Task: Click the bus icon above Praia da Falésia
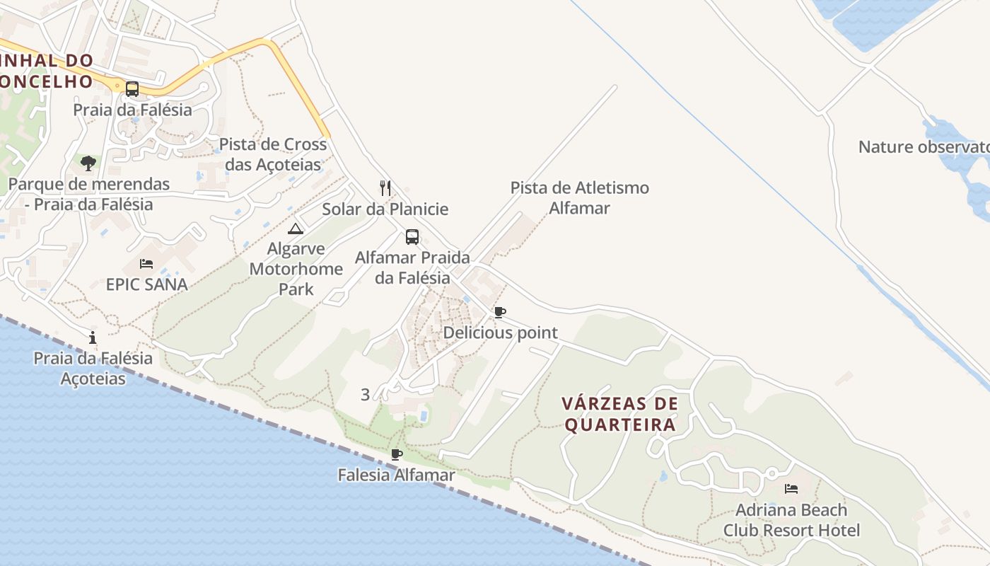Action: pyautogui.click(x=132, y=89)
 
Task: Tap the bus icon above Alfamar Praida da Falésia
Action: pyautogui.click(x=412, y=237)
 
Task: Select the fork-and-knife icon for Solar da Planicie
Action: pyautogui.click(x=385, y=187)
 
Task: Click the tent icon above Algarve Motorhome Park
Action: pyautogui.click(x=296, y=228)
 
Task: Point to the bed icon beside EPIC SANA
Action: pyautogui.click(x=146, y=264)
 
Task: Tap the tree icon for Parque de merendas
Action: pyautogui.click(x=88, y=163)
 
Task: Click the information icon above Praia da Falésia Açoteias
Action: pyautogui.click(x=93, y=337)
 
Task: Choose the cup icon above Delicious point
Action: pyautogui.click(x=500, y=312)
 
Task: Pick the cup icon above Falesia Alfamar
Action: pyautogui.click(x=397, y=454)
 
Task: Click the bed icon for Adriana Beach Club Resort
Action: pyautogui.click(x=791, y=489)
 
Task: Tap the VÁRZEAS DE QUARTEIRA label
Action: pyautogui.click(x=620, y=414)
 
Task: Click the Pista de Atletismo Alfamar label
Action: pyautogui.click(x=580, y=198)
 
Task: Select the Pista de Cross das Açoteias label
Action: pyautogui.click(x=273, y=154)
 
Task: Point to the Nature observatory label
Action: pyautogui.click(x=924, y=147)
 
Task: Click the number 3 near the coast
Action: pyautogui.click(x=365, y=395)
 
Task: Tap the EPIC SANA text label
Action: pyautogui.click(x=147, y=284)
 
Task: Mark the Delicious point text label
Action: pyautogui.click(x=501, y=333)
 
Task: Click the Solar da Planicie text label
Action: pyautogui.click(x=385, y=209)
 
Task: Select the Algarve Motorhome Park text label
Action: pyautogui.click(x=296, y=269)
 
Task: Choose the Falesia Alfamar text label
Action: pyautogui.click(x=397, y=475)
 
